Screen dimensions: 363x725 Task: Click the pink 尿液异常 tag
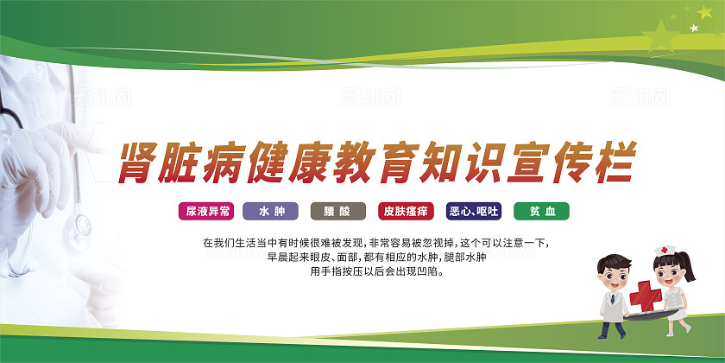[205, 210]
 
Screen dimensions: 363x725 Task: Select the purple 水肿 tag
[271, 210]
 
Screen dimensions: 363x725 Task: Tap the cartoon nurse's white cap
[664, 252]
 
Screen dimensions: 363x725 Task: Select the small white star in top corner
[693, 28]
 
